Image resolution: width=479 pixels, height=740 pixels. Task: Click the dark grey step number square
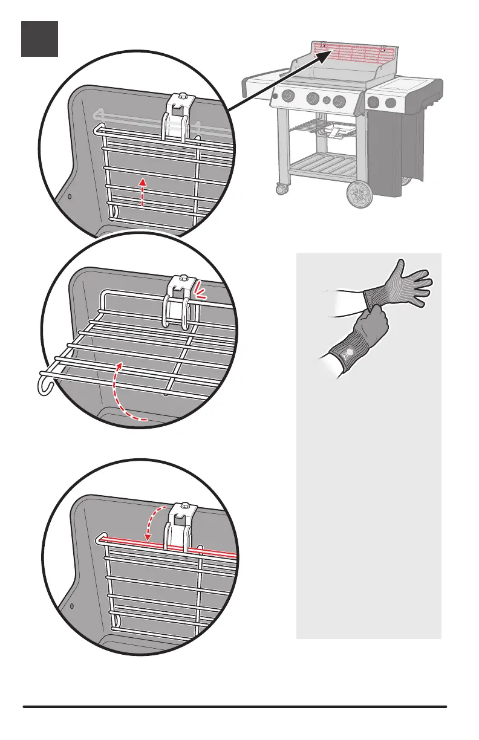pos(40,39)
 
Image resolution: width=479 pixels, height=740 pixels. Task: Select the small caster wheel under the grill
pos(281,190)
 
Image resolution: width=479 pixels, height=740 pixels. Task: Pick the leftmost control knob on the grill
pos(288,96)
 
